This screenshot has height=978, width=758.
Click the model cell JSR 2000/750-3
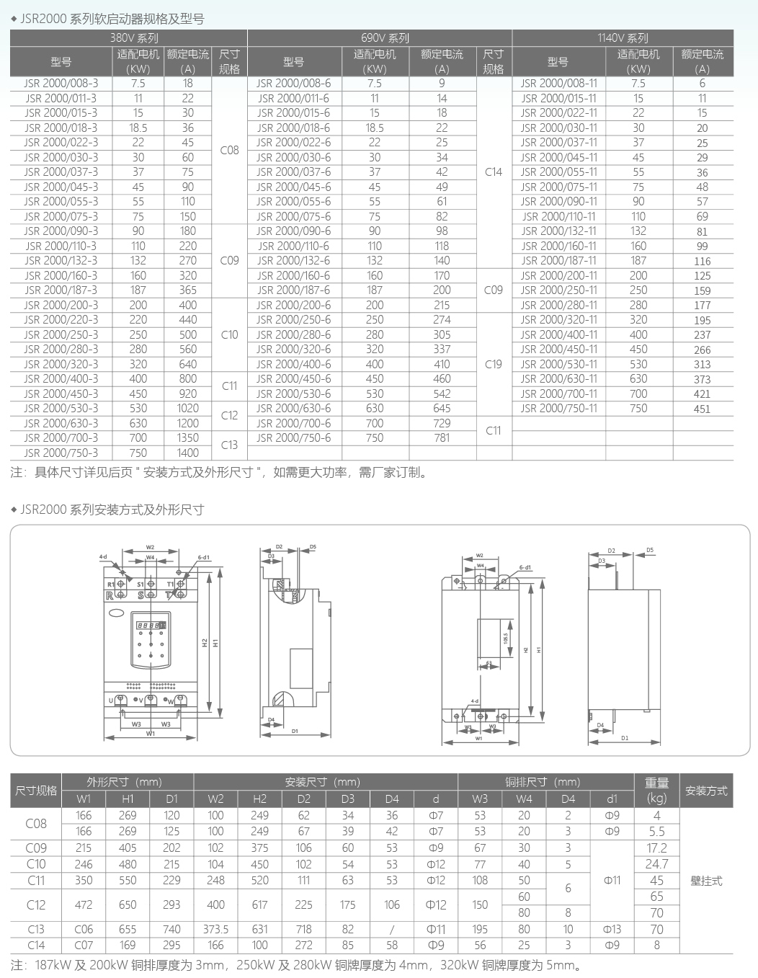coord(61,453)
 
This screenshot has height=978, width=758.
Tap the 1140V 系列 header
coord(623,37)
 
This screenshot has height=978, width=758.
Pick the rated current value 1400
coord(187,453)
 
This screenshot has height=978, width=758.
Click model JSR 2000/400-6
coord(293,364)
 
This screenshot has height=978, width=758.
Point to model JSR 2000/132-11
coord(558,231)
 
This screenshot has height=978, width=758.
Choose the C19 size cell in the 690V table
coord(494,364)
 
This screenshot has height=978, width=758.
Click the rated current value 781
coord(442,437)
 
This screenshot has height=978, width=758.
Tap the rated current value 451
coord(702,409)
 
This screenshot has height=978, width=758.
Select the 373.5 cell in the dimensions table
coord(215,929)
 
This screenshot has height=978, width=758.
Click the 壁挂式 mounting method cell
coord(706,881)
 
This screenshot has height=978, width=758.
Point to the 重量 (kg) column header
coord(656,791)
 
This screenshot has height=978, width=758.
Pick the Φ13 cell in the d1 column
coord(612,929)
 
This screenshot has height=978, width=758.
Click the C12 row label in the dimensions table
coord(36,904)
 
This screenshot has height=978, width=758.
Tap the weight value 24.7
coord(656,863)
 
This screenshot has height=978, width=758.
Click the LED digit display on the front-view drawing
coord(151,625)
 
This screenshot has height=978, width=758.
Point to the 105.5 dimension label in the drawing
coord(506,639)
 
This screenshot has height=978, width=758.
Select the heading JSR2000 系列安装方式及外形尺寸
coord(112,510)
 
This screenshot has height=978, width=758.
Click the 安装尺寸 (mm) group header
coord(322,782)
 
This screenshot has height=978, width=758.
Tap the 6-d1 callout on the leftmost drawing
coord(203,557)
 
